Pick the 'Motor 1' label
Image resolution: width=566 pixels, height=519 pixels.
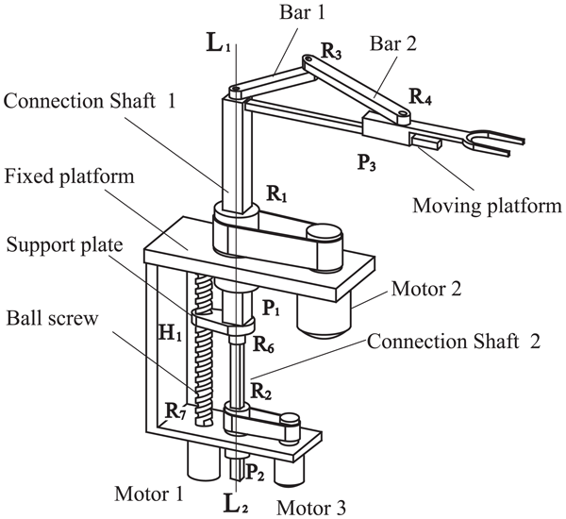point(142,493)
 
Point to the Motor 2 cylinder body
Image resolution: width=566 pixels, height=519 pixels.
point(327,311)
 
